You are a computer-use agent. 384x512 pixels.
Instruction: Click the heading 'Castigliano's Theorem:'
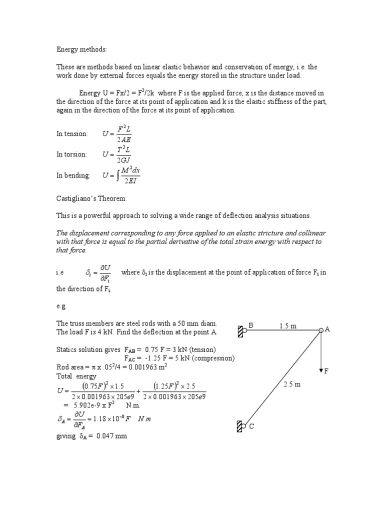91,198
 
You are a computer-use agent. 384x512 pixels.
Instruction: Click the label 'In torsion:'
71,154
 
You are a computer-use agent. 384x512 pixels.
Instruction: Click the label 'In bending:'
73,175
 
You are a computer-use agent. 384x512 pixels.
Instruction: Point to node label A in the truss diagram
327,329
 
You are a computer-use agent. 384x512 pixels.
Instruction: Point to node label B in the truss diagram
251,325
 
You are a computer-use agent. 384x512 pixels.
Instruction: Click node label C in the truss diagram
251,427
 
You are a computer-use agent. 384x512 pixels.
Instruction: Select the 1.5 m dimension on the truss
287,326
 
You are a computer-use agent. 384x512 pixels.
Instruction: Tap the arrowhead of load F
320,369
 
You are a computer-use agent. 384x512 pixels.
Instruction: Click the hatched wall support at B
240,330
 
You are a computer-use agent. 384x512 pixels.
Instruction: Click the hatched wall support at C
239,425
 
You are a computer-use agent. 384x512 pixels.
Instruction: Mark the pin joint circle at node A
320,330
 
